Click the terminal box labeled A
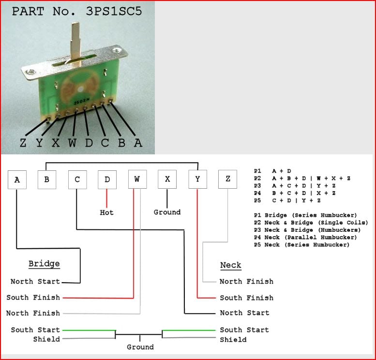17,180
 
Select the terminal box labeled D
107,180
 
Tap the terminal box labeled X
167,180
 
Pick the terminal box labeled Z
227,180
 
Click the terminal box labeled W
137,180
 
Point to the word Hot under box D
107,212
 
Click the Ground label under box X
167,212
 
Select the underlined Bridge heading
44,264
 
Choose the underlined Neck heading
230,266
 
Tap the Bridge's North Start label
35,282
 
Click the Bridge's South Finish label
33,298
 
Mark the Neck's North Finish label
246,282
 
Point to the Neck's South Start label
244,330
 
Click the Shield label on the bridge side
46,339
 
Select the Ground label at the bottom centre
140,347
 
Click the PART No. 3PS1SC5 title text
77,11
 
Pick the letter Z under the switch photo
23,143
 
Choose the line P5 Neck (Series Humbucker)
301,245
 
